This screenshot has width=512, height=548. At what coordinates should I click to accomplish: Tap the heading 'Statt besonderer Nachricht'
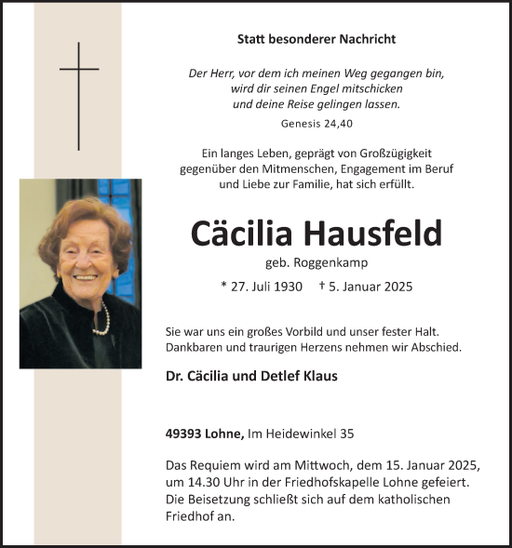click(317, 39)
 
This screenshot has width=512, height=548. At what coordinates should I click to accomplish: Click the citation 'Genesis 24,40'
click(317, 122)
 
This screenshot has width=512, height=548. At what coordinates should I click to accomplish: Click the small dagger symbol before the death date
click(322, 286)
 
